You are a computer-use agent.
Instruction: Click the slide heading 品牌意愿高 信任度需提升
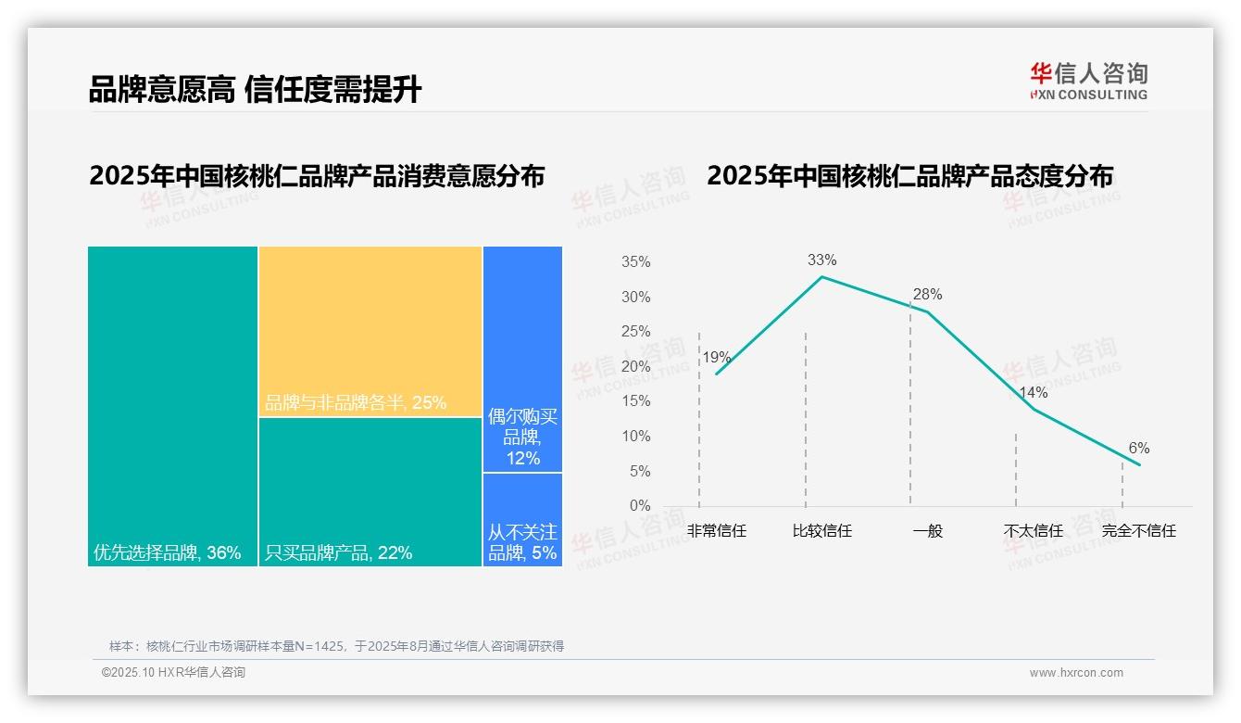point(255,89)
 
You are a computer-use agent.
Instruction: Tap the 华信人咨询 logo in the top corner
point(1088,81)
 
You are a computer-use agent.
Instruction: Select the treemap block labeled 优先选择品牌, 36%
point(172,406)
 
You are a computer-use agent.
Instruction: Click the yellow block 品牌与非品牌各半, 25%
point(370,331)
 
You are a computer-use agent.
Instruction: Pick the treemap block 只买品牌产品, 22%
point(370,491)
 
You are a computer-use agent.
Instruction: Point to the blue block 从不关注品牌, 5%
point(522,519)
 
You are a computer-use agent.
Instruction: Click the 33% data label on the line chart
point(821,260)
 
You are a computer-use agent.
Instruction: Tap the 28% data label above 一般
point(927,295)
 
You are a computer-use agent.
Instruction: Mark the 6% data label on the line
point(1138,449)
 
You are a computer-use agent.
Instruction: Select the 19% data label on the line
point(716,358)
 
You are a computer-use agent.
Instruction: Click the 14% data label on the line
point(1033,393)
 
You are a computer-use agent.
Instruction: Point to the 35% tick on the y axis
point(635,262)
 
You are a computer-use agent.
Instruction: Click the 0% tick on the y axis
point(640,506)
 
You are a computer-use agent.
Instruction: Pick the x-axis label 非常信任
point(716,531)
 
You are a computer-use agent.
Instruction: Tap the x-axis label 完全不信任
point(1138,531)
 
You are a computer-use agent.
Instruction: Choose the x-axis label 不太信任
point(1033,531)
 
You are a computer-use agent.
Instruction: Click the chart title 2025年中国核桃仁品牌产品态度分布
point(909,176)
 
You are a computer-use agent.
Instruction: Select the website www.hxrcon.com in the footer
point(1076,673)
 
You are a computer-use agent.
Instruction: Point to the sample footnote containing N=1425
point(336,646)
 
